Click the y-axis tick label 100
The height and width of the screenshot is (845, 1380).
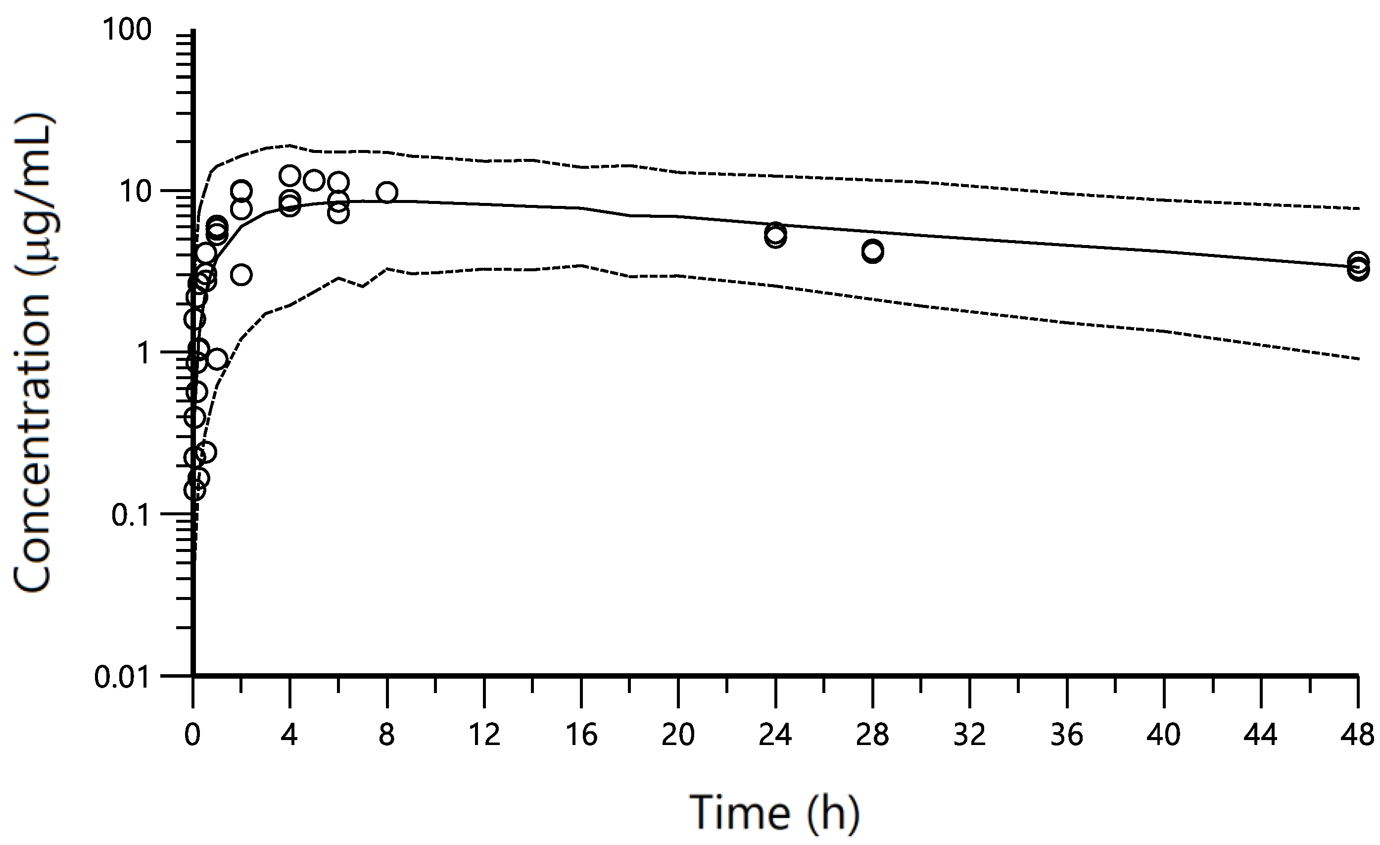tap(127, 31)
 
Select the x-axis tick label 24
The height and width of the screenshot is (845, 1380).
tap(775, 735)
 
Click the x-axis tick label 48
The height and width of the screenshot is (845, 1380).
tap(1358, 735)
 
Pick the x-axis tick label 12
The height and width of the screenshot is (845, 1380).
tap(484, 735)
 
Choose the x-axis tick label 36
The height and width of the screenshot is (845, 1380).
tap(1066, 735)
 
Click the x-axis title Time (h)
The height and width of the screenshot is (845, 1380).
tap(775, 812)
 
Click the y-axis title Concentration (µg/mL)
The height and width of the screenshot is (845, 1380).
tap(34, 353)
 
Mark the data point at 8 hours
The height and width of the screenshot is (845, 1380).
tap(387, 192)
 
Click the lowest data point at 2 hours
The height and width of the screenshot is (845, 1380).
tap(241, 275)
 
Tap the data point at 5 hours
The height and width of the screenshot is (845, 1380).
tap(314, 180)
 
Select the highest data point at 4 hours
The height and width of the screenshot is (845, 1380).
tap(289, 176)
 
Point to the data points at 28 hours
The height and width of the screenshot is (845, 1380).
tap(872, 251)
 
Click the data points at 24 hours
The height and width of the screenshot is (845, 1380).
tap(775, 235)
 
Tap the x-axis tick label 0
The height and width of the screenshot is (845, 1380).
tap(192, 735)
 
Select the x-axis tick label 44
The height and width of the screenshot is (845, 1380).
tap(1260, 735)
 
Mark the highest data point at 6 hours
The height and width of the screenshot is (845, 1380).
tap(338, 182)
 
